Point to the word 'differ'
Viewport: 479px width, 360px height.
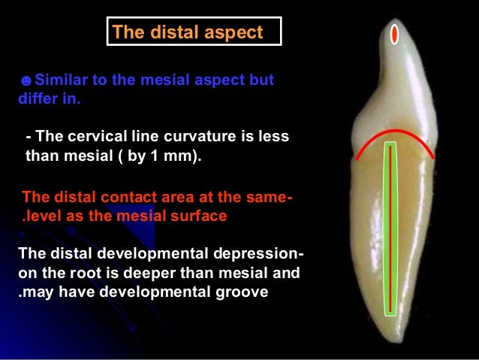tap(36, 98)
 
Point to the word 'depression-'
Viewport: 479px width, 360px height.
tap(255, 254)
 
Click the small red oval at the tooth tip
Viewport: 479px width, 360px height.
tap(394, 34)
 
